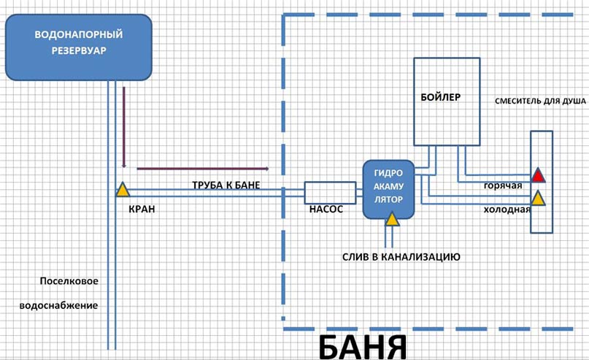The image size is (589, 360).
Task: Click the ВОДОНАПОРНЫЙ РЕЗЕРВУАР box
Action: [78, 47]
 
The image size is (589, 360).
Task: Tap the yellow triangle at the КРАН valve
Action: [122, 191]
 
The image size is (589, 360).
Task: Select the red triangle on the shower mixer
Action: [538, 175]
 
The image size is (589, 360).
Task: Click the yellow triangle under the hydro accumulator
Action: [392, 218]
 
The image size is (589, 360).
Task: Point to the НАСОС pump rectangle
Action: [329, 193]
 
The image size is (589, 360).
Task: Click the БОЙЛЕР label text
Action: [441, 97]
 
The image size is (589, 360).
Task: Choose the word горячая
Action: [503, 185]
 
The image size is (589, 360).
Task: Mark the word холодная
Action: [506, 209]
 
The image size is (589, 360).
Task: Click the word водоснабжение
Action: [69, 305]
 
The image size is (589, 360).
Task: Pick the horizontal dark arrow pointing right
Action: [203, 169]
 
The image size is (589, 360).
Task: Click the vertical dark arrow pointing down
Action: [125, 128]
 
